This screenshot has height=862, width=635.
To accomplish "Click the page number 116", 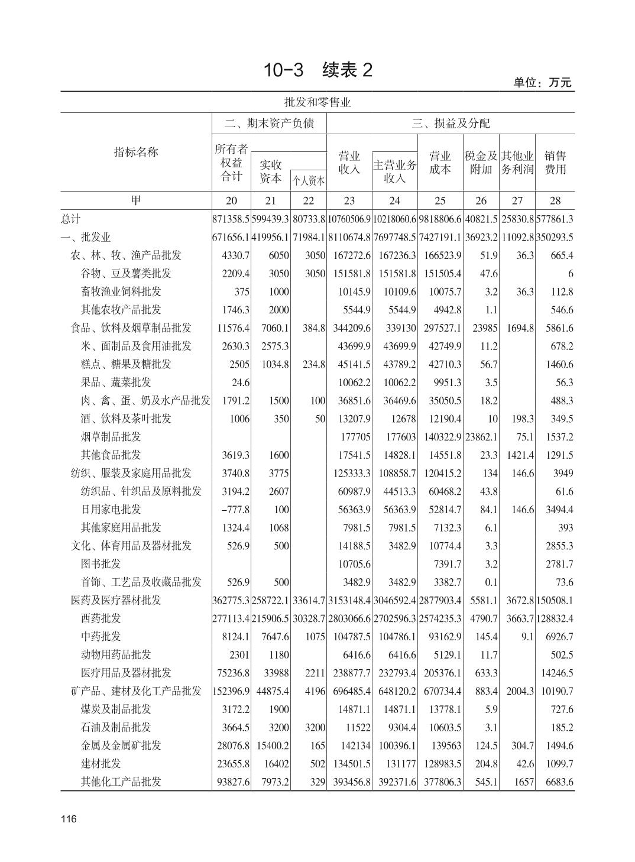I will point(69,819).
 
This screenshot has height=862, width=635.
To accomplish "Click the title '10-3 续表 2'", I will point(318,70).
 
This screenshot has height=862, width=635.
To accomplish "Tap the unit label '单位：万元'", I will point(542,83).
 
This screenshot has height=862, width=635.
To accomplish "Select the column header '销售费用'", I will point(555,163).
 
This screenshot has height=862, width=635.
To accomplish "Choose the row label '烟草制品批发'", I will point(111,437).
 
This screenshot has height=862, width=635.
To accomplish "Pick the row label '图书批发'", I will point(101,564).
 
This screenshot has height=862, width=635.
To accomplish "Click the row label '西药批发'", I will point(101,618).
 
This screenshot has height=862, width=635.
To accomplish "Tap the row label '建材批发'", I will point(101,763).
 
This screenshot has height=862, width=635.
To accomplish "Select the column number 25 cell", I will point(440,200).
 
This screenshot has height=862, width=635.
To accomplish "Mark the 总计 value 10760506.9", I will point(349,219).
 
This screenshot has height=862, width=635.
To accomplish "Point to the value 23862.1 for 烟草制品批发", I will point(481,437).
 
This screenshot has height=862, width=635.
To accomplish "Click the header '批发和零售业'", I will point(317,102).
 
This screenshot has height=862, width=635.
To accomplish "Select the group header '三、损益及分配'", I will point(451,124).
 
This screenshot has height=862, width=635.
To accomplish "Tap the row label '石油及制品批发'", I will point(116,727).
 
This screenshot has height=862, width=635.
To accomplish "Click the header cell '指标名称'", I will point(136,152).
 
